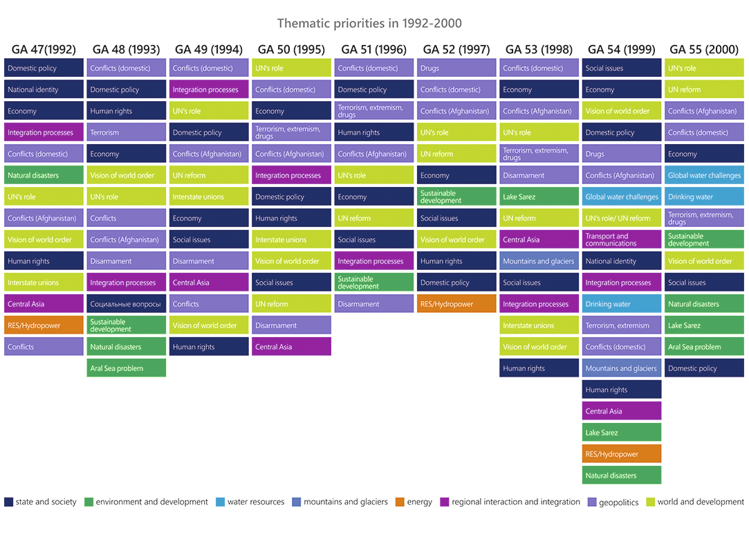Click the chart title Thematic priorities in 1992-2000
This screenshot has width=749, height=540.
tap(369, 24)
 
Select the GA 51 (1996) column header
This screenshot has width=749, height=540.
tap(373, 49)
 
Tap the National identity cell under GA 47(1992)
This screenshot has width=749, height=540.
tap(44, 89)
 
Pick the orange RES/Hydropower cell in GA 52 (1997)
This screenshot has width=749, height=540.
tap(456, 304)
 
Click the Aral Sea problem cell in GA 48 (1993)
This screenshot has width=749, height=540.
tap(127, 368)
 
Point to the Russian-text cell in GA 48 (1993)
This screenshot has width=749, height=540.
tap(127, 304)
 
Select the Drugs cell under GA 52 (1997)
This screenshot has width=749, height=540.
tap(456, 68)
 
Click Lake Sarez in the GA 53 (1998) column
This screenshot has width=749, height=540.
tap(539, 197)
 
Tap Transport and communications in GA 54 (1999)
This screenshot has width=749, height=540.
tap(621, 240)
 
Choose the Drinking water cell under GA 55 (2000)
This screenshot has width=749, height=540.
tap(704, 197)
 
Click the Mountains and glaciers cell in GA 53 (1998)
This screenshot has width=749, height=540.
tap(539, 261)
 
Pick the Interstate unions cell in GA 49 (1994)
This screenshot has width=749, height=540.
tap(209, 197)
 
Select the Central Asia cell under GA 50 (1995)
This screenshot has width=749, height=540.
tap(291, 347)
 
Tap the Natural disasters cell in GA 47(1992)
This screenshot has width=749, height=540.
tap(44, 175)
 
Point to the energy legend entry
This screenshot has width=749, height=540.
tap(414, 502)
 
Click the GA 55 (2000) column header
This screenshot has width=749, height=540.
tap(703, 49)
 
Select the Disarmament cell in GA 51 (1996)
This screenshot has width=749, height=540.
tap(373, 304)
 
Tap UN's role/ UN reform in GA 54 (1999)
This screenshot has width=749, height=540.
tap(621, 218)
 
